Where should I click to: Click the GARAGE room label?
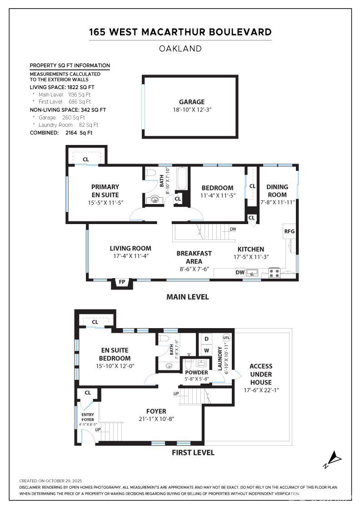coord(191,102)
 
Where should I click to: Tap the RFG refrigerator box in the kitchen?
coord(290,231)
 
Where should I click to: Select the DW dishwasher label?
coord(240,273)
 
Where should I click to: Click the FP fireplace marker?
coord(122,282)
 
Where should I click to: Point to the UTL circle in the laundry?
coord(226,338)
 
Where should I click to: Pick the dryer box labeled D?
coord(206,339)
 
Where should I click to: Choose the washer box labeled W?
coord(206,350)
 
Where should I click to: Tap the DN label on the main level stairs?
coord(233,229)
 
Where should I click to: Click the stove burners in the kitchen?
coord(275,273)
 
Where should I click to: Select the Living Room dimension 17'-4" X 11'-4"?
coord(130,256)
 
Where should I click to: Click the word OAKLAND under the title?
coord(180,49)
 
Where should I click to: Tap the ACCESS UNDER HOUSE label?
coord(261,374)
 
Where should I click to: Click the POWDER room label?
coord(197,373)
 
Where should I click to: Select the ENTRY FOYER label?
coord(87,416)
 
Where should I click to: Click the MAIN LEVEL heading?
coord(187,297)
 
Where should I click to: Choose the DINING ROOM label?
coord(277,190)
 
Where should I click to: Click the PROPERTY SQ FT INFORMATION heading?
coord(70,65)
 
